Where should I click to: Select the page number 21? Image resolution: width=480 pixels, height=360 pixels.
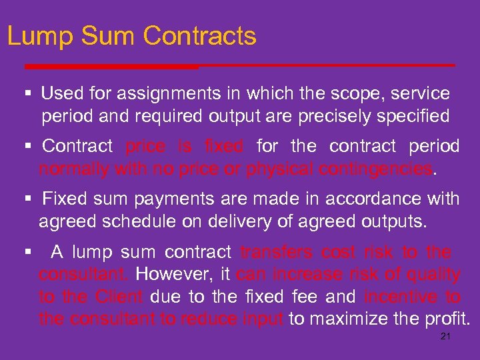click(x=446, y=337)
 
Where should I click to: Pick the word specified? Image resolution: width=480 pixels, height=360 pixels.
click(x=418, y=116)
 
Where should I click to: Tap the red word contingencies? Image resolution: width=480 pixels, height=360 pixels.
click(x=375, y=169)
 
